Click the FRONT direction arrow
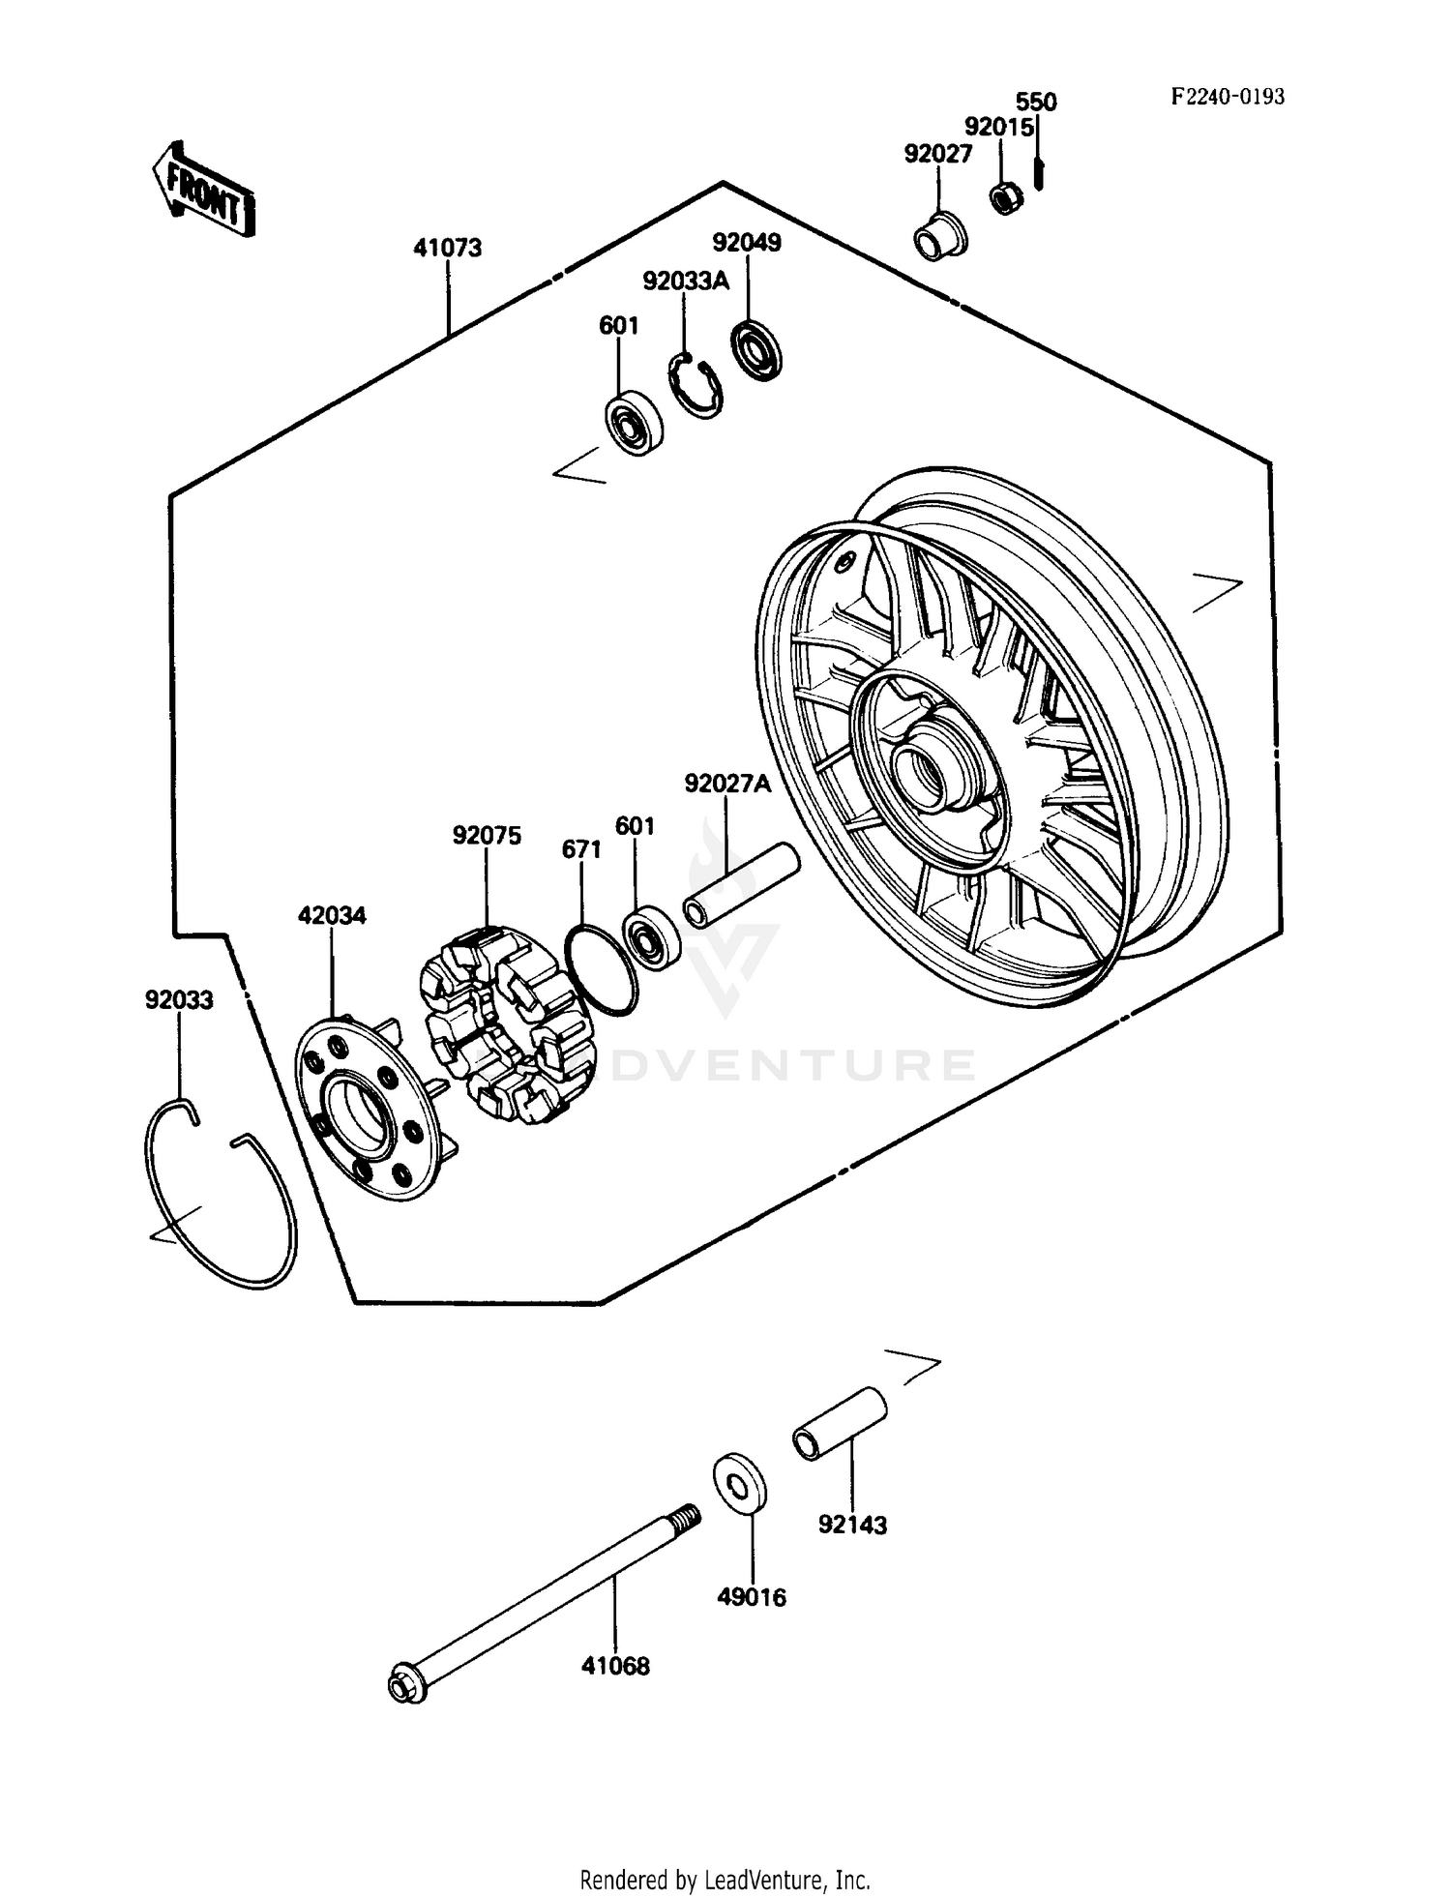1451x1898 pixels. [x=204, y=190]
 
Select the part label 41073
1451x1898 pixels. [x=447, y=249]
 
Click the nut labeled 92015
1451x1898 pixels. [x=1007, y=199]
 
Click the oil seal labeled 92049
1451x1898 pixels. [x=755, y=349]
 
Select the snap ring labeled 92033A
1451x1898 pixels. [x=696, y=386]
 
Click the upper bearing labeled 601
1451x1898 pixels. [x=634, y=423]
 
